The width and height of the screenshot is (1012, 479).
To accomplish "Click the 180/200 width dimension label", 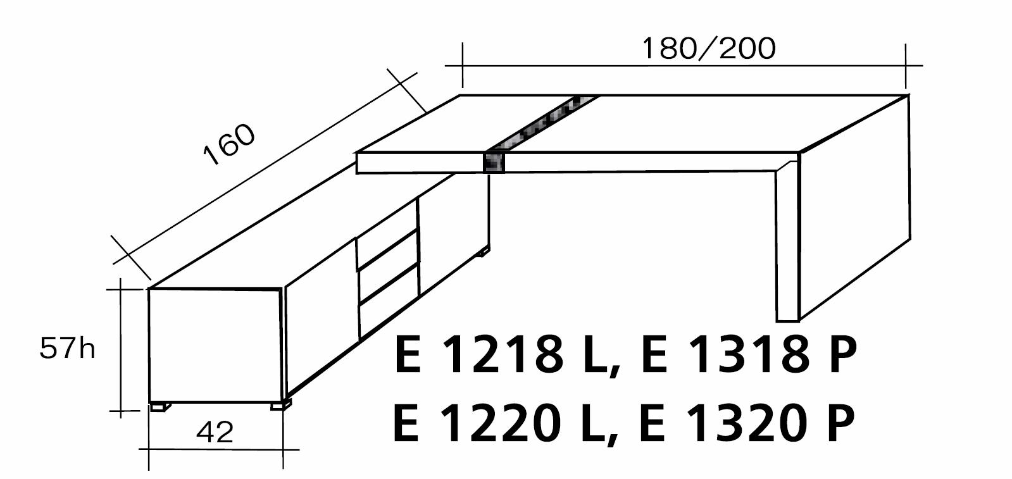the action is click(708, 49).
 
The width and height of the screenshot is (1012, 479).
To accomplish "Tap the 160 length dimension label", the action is click(230, 144).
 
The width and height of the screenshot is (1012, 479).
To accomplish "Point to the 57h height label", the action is click(67, 348).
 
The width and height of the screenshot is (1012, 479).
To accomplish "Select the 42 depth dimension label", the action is click(215, 432).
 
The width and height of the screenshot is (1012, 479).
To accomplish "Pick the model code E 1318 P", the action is click(749, 356).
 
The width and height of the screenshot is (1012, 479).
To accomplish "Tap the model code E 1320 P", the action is click(747, 423).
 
